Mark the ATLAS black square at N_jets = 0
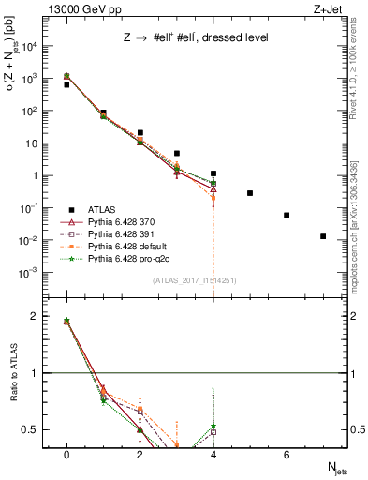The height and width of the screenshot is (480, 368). pyautogui.click(x=66, y=84)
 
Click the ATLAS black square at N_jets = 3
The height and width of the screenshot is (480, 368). pyautogui.click(x=177, y=153)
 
